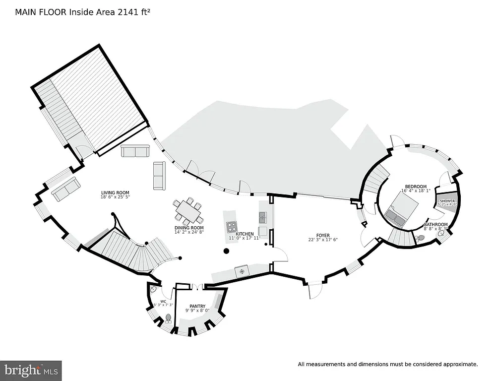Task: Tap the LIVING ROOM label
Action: coord(115,193)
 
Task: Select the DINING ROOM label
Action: coord(188,227)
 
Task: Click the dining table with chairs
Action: coord(188,211)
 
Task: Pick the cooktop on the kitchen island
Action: coord(232,227)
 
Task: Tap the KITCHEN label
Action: coord(245,234)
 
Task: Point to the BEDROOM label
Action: coord(415,187)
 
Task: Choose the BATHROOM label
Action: coord(435,225)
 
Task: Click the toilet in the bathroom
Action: coord(422,239)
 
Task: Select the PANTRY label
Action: coord(197,306)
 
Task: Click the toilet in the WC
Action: coord(168,318)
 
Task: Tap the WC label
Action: coord(163,301)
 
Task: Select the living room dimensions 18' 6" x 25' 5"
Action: coord(115,197)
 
